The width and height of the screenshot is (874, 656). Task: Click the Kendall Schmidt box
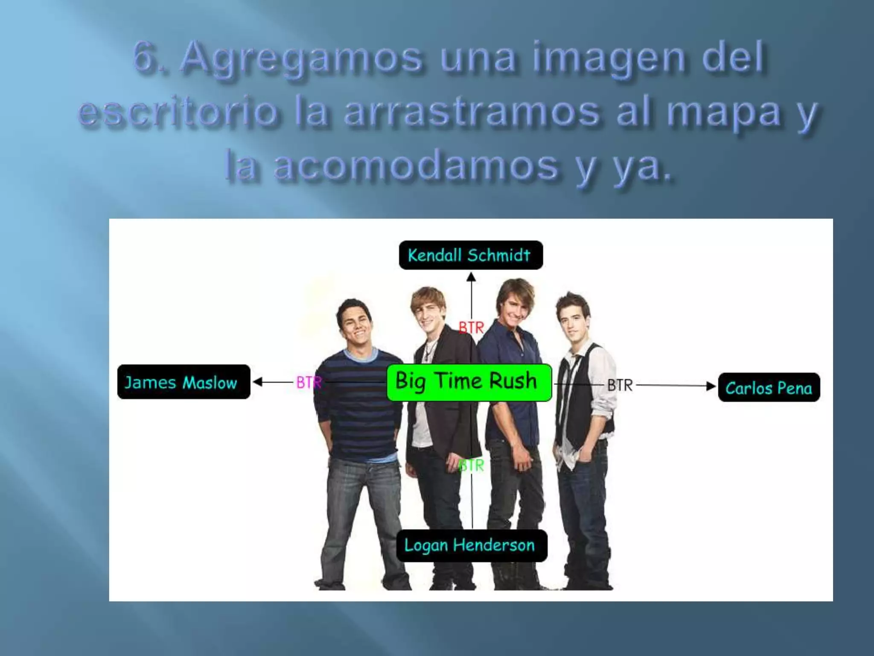[471, 255]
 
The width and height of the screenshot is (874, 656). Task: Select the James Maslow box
[184, 382]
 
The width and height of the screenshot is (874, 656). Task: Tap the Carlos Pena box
[769, 387]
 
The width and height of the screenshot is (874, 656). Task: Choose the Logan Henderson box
[471, 545]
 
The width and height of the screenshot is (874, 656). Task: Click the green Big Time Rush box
[469, 382]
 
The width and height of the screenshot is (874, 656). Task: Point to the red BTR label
[471, 328]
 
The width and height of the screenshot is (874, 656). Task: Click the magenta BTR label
[308, 382]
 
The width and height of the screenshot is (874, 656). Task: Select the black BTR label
[620, 385]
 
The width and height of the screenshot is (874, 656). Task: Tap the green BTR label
[472, 465]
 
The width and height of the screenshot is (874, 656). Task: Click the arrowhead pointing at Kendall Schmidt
[471, 278]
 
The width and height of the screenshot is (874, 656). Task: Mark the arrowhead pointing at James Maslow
[257, 382]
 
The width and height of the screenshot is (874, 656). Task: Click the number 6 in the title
[143, 57]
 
